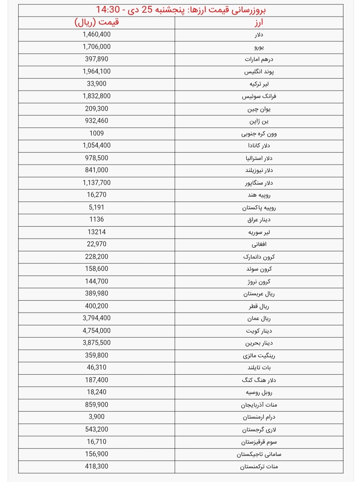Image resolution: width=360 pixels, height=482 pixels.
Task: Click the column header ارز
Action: [259, 23]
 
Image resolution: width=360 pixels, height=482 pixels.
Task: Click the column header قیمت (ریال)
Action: [97, 23]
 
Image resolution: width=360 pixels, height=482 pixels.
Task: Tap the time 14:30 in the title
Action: [108, 10]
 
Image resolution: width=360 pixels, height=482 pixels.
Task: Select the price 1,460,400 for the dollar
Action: [97, 35]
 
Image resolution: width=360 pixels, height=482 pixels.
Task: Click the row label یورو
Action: [259, 47]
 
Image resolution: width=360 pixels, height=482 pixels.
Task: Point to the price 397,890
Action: [97, 59]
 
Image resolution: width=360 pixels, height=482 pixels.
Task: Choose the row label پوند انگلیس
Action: [259, 72]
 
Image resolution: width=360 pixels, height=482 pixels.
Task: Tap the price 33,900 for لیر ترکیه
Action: [97, 84]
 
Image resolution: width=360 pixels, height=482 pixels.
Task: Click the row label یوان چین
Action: [259, 109]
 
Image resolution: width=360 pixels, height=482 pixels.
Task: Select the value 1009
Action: [97, 133]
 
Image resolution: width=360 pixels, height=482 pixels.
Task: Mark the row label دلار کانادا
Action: [259, 146]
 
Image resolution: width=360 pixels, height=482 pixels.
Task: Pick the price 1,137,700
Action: [97, 183]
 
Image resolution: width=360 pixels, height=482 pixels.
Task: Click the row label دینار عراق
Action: [259, 220]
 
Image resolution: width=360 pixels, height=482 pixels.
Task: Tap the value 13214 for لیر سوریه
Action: [97, 232]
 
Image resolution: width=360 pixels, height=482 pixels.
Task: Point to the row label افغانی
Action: [259, 244]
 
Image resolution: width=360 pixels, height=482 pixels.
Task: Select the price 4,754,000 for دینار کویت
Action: [97, 331]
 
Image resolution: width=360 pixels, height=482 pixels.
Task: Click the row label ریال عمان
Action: [259, 318]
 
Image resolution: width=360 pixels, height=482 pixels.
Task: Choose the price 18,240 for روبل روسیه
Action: [97, 392]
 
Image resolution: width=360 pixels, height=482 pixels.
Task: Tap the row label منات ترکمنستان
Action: [259, 467]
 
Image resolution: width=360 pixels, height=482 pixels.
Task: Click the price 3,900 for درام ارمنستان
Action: [97, 417]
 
